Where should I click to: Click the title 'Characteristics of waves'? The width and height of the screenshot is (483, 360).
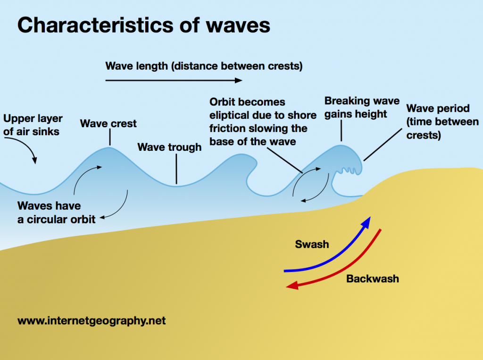pos(144,25)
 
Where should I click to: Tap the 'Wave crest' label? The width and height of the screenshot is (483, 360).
pos(108,124)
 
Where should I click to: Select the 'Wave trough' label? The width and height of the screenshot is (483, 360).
pos(169,147)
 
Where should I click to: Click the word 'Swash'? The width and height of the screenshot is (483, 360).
pos(312,244)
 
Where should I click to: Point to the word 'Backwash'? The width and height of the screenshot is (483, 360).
pos(373,278)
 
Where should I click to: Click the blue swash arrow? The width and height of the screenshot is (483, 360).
pos(330,257)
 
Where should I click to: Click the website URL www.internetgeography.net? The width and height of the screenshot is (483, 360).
pos(92,321)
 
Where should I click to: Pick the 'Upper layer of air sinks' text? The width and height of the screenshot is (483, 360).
pos(33,125)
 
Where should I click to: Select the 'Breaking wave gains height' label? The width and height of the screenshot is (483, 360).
pos(362,107)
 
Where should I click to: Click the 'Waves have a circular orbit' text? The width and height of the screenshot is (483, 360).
pos(57,213)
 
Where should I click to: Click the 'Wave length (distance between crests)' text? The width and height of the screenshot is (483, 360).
pos(204,66)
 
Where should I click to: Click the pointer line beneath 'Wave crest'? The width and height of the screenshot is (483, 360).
pos(110,138)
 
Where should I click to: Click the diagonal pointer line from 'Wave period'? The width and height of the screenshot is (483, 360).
pos(379,146)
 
